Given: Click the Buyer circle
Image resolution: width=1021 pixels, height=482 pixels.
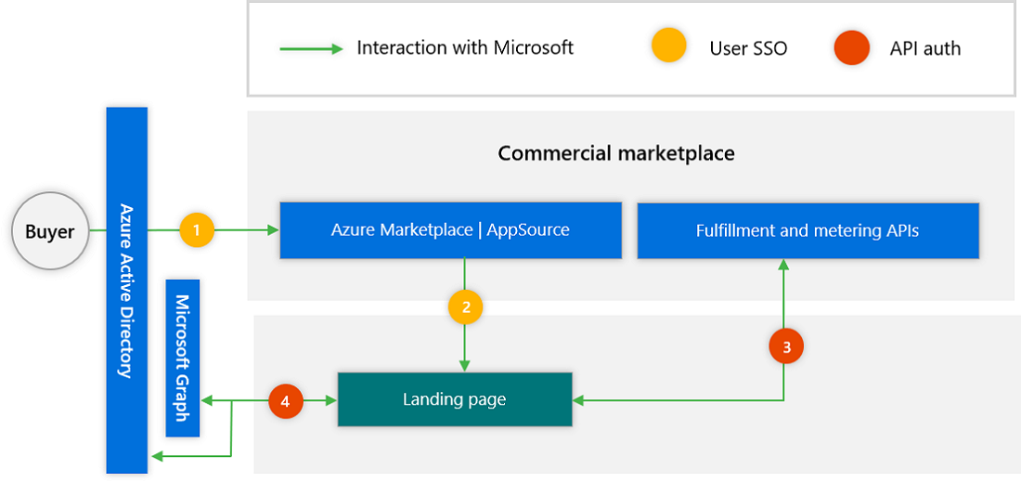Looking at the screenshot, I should tap(49, 229).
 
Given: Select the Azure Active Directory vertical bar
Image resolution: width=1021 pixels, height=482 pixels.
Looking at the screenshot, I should tap(127, 290).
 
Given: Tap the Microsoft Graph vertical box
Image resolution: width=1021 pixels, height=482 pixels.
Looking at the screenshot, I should tap(183, 357).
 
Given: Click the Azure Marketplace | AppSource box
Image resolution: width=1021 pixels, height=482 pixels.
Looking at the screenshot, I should tap(450, 230).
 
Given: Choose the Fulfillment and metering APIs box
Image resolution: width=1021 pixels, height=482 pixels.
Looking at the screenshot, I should tap(808, 230).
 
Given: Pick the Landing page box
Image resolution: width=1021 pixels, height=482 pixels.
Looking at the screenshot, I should tap(454, 399).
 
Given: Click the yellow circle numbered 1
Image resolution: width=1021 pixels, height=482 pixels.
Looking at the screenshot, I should tap(197, 229).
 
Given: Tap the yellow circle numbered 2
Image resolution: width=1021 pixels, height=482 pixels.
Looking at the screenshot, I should tap(465, 306).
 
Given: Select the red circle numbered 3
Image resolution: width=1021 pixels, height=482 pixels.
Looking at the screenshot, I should tap(786, 346).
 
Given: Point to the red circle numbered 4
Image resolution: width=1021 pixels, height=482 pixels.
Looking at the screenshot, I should tap(285, 401).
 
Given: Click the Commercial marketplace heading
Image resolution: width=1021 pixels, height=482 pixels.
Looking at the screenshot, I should tap(616, 153).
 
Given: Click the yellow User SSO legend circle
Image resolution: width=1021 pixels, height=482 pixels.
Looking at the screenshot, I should tap(668, 47).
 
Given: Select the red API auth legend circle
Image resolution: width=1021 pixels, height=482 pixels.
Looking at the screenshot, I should tap(851, 47).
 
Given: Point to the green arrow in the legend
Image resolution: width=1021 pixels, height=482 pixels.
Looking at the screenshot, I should tap(311, 48).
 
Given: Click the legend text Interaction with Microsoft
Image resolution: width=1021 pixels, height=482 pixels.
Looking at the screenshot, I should tap(465, 47).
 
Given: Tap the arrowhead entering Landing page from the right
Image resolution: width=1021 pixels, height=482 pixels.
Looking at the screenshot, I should tap(578, 401).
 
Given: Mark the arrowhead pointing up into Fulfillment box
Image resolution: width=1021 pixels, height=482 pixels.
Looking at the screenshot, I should tap(783, 265).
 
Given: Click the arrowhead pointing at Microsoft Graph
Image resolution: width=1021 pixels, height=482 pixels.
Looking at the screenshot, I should tap(207, 401).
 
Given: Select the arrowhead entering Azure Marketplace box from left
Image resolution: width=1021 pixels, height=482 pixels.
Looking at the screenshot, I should tap(274, 229).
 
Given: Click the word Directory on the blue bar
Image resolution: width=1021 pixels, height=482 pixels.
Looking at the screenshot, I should tap(126, 344).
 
